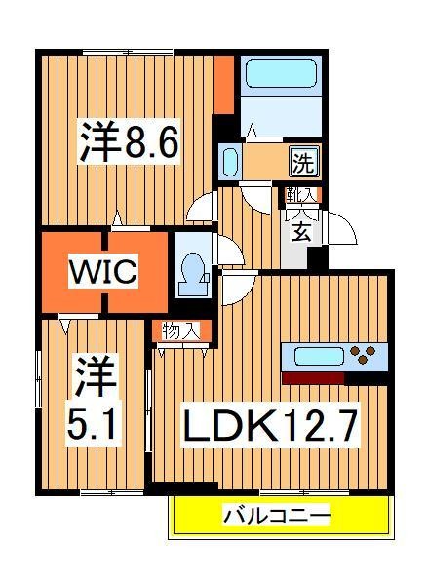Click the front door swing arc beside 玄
click(341, 229)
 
